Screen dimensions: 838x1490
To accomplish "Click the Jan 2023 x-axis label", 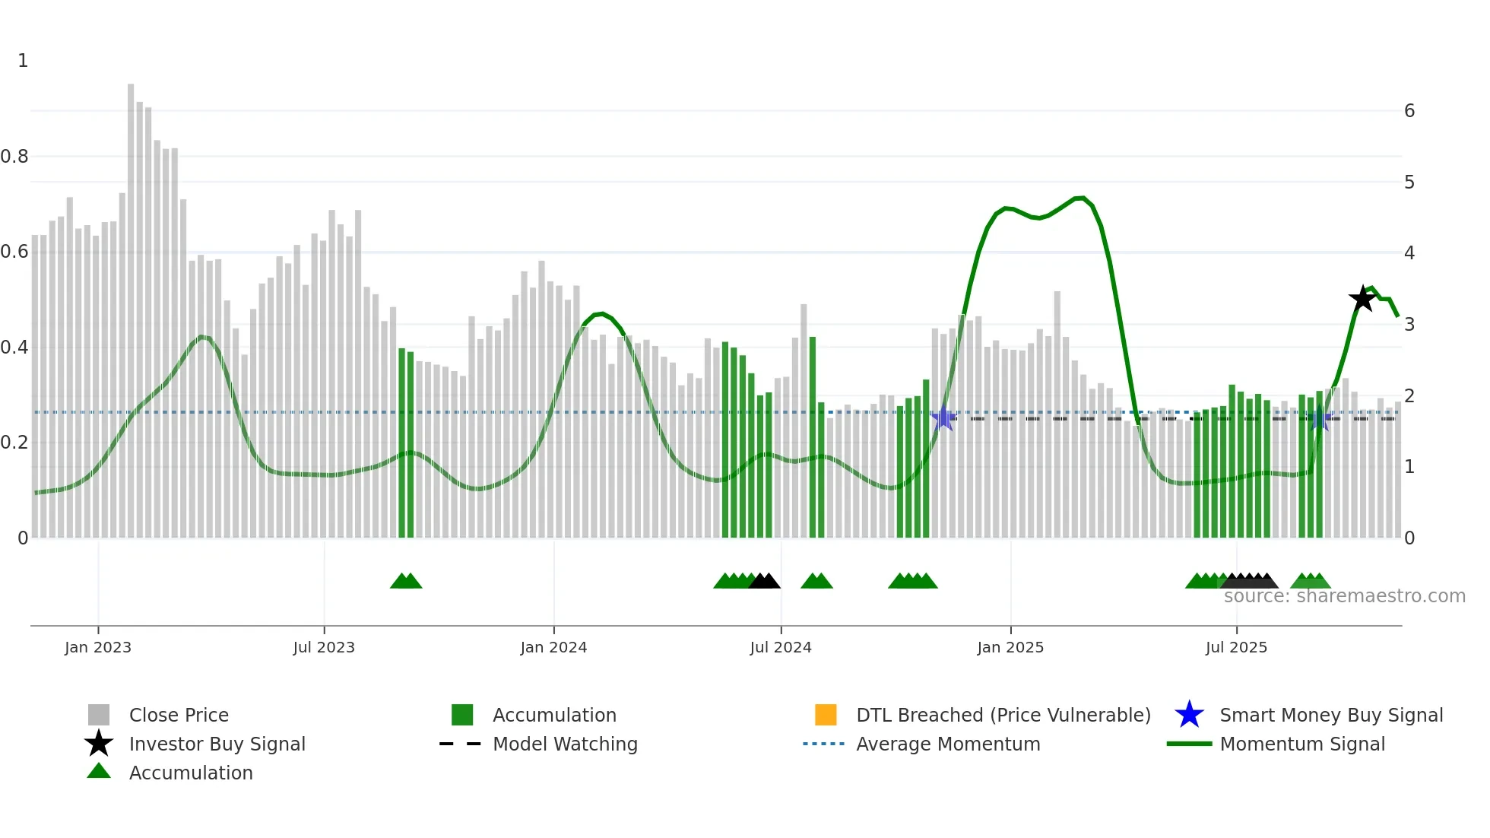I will [98, 648].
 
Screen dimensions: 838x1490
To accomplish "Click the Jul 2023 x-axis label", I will [324, 648].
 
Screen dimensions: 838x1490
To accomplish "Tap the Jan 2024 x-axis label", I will [553, 648].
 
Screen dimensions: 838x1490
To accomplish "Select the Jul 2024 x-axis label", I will [781, 648].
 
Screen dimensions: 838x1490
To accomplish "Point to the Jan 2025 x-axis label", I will [1010, 648].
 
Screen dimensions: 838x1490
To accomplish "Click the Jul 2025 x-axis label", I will [1236, 648].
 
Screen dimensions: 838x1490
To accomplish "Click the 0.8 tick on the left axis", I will [15, 157].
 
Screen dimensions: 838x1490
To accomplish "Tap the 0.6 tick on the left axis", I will [15, 252].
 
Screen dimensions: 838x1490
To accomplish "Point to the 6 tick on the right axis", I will [1409, 111].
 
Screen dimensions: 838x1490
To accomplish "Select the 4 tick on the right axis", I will [1409, 253].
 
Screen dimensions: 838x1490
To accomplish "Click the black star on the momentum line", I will [1362, 299].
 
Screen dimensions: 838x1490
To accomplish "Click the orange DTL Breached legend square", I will [826, 715].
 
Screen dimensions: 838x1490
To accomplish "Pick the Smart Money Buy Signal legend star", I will [1189, 715].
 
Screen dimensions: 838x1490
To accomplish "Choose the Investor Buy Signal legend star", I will [99, 744].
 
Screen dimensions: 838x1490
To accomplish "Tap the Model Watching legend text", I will [565, 744].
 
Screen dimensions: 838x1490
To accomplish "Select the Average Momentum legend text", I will [948, 744].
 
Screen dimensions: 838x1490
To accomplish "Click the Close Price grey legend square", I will [99, 715].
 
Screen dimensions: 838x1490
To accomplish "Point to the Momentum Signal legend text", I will [1302, 744].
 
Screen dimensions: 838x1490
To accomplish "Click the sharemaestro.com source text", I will [1344, 596].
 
